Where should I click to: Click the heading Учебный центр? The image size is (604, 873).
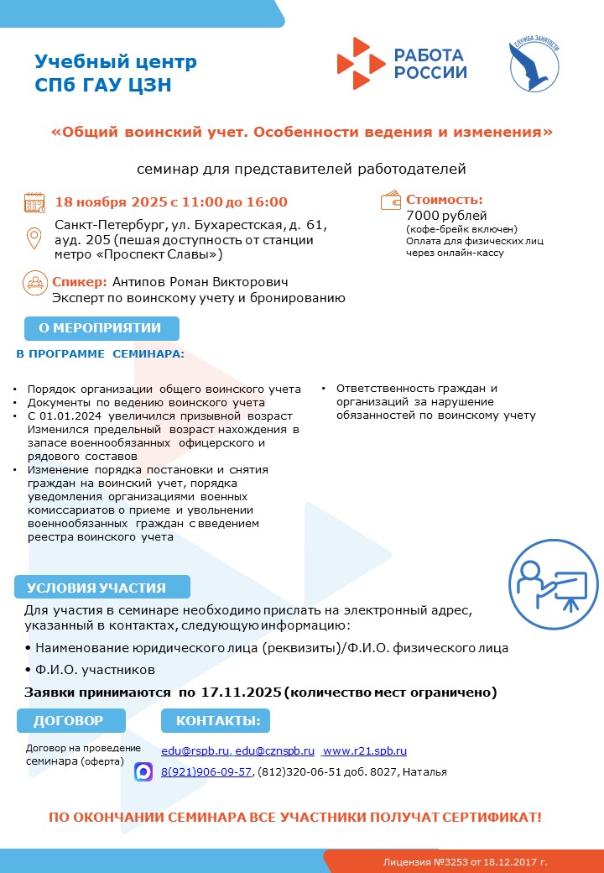coord(116,61)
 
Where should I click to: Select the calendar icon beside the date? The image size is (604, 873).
coord(34,202)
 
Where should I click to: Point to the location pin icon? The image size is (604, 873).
coord(35,238)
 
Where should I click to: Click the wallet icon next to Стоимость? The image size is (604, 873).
coord(391,201)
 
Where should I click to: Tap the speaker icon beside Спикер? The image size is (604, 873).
coord(34,282)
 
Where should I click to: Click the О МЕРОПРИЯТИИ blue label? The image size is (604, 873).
coord(99,328)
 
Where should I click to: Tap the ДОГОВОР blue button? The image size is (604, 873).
coord(70,720)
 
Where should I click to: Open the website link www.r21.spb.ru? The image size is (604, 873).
coord(365,750)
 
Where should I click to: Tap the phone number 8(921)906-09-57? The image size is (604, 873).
coord(206,771)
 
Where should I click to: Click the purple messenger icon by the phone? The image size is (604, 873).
coord(143,771)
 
